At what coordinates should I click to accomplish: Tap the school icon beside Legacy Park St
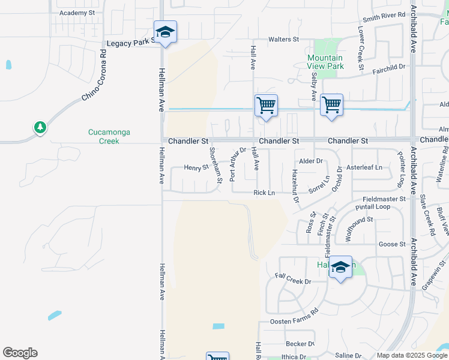click(165, 32)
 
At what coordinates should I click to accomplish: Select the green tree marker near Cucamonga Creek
click(40, 127)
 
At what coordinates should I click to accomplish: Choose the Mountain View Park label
click(325, 62)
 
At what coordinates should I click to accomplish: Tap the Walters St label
click(283, 40)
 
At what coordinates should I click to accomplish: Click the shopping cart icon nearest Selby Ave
click(331, 106)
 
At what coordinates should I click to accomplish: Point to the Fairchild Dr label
click(389, 68)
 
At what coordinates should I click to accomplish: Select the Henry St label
click(196, 168)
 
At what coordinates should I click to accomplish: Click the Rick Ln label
click(264, 193)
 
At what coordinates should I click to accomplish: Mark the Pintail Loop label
click(373, 207)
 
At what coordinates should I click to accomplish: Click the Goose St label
click(390, 244)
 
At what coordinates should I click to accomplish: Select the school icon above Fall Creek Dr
click(340, 268)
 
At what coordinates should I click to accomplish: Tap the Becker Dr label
click(300, 344)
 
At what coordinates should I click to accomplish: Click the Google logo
click(20, 353)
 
